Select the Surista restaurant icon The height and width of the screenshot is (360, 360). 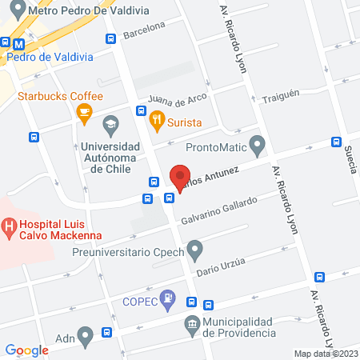tap(157, 123)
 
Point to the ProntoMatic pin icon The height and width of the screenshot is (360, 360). tap(257, 146)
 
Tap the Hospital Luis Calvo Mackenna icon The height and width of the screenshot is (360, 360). tap(10, 229)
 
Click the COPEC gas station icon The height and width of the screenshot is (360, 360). tap(167, 300)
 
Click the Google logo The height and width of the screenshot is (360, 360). tap(26, 350)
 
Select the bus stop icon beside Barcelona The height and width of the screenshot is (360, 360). tap(111, 39)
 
